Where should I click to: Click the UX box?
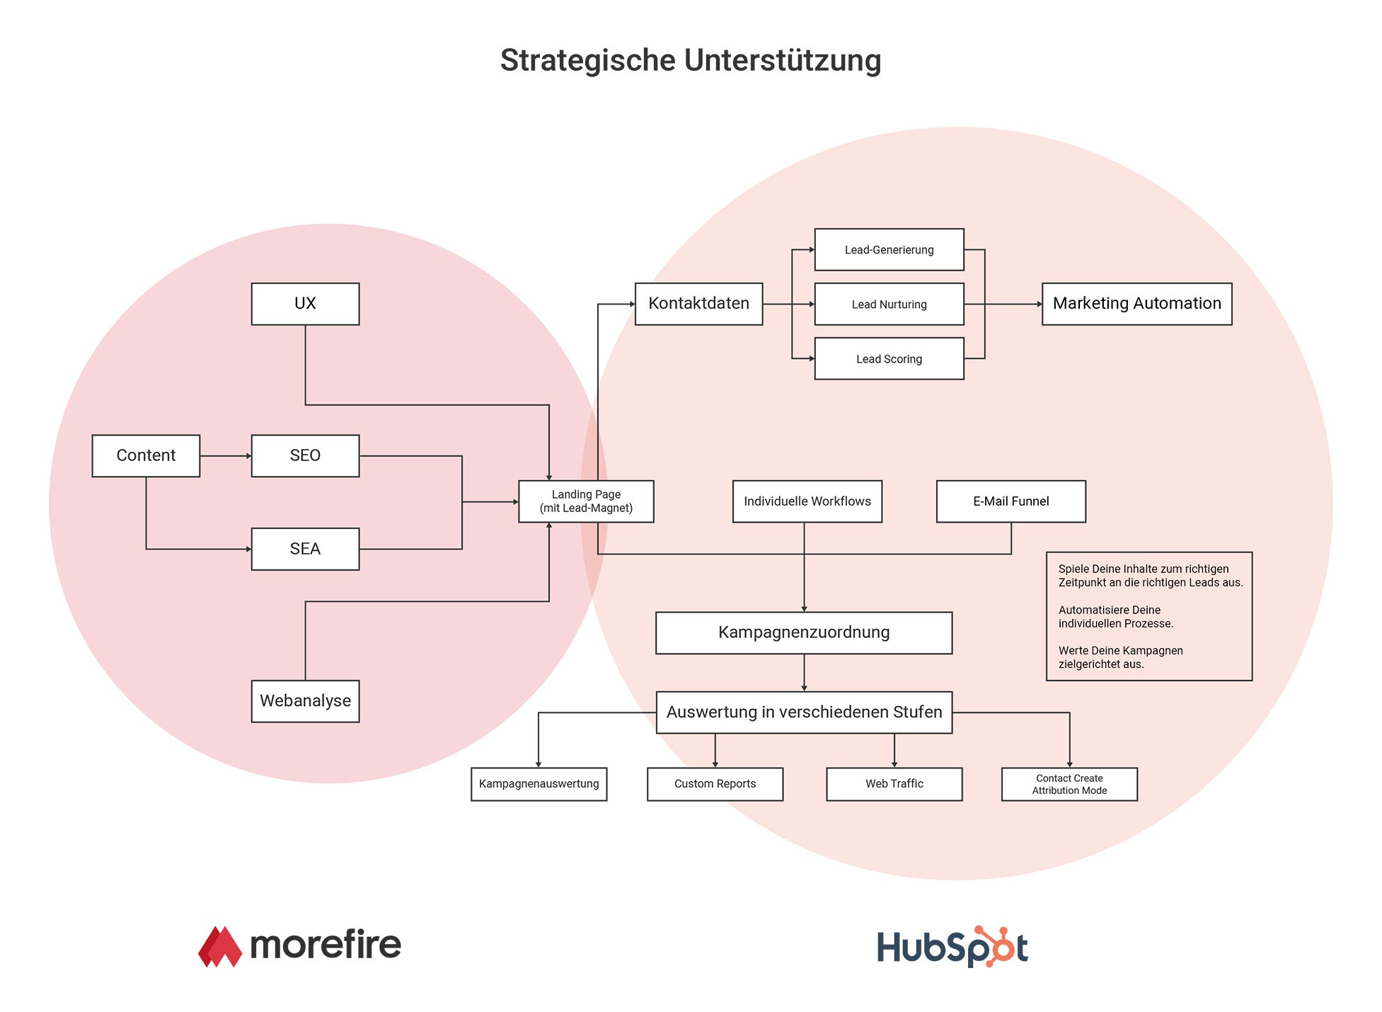305,304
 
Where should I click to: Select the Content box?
146,455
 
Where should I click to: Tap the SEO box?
305,455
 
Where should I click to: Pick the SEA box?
305,549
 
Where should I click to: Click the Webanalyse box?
305,701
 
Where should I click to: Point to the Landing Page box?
586,501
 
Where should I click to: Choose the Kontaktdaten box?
698,304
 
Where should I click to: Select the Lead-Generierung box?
889,249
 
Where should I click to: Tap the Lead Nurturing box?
889,304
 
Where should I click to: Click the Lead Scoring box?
889,358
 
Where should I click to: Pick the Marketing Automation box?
1136,304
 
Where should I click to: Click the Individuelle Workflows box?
807,501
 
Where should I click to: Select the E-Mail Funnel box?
1010,501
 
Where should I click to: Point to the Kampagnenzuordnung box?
804,632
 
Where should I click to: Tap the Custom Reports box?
715,784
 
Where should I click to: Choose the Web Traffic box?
894,784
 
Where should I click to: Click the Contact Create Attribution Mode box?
1069,784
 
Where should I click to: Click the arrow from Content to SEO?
226,456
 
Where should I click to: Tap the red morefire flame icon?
220,947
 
